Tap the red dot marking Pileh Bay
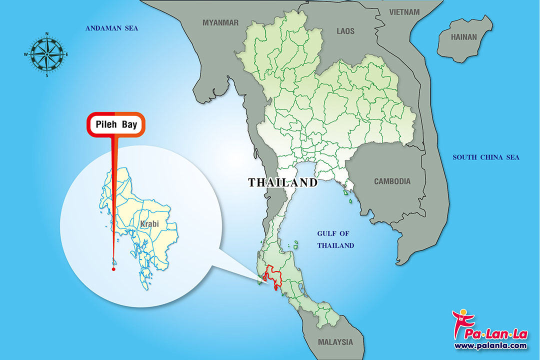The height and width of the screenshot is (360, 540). [113, 269]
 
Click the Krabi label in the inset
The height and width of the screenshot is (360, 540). [149, 224]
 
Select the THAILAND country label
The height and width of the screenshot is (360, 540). [283, 182]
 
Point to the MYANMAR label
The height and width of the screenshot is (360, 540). [220, 22]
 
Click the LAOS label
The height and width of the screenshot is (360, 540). [345, 31]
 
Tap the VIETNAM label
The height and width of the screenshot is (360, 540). [405, 11]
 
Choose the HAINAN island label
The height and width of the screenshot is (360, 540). [464, 37]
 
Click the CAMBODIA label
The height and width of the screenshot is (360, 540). [392, 181]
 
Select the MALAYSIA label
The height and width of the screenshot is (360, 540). [335, 342]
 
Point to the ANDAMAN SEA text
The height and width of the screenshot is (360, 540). [111, 28]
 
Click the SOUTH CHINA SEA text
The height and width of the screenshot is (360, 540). [486, 157]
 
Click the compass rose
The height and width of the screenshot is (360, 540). [47, 54]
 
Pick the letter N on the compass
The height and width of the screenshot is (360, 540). [47, 34]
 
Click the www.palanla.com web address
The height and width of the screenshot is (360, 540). [490, 345]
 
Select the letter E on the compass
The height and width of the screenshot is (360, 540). [67, 54]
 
